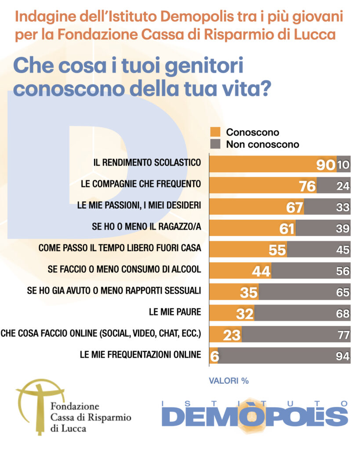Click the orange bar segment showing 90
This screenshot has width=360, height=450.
pyautogui.click(x=273, y=163)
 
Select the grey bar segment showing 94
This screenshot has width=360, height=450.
pyautogui.click(x=285, y=356)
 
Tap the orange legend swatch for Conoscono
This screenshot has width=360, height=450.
pyautogui.click(x=215, y=132)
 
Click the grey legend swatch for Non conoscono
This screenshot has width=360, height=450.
pyautogui.click(x=215, y=144)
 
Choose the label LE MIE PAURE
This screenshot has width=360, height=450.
pyautogui.click(x=175, y=312)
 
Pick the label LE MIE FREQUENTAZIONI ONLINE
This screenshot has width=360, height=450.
pyautogui.click(x=140, y=355)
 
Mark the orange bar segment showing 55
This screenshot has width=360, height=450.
pyautogui.click(x=248, y=249)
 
